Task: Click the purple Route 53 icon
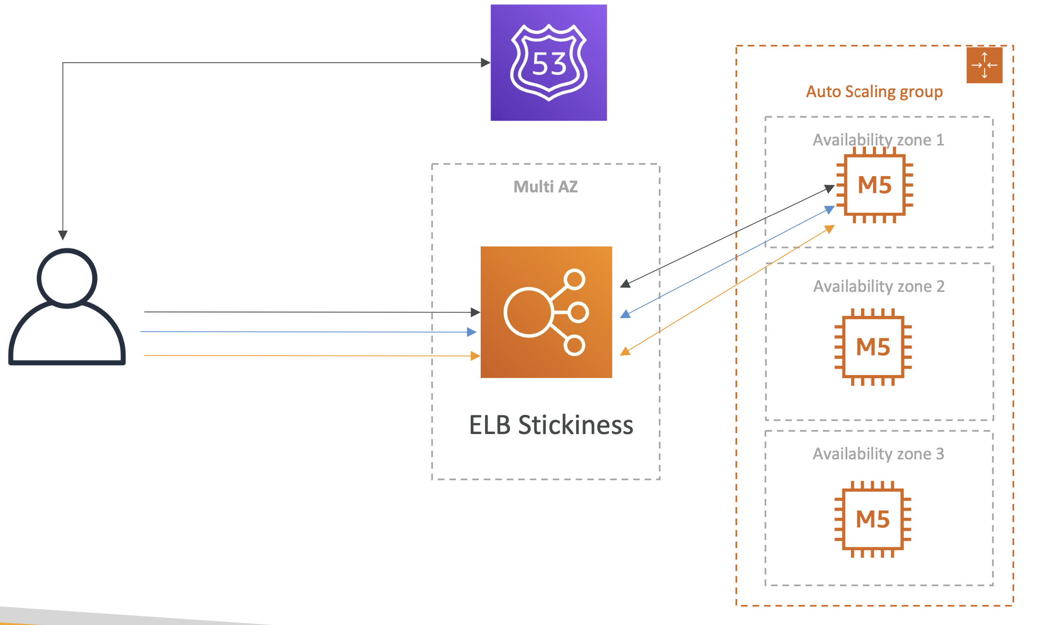[549, 63]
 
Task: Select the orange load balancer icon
[546, 312]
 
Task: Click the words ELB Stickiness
[551, 425]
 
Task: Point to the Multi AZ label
[546, 187]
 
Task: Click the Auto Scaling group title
[874, 92]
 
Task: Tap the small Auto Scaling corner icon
[985, 65]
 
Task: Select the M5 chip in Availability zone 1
[874, 185]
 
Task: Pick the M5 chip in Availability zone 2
[873, 347]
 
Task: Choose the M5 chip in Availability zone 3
[873, 519]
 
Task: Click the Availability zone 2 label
[879, 286]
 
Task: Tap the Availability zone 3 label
[879, 454]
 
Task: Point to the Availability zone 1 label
[879, 140]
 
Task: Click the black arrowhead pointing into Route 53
[486, 63]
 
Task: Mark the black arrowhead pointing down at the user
[63, 235]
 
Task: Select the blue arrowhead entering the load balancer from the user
[472, 332]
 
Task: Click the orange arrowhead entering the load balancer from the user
[476, 356]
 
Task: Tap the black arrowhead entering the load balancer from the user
[476, 312]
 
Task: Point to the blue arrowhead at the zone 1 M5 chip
[830, 210]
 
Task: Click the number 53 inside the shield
[549, 64]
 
